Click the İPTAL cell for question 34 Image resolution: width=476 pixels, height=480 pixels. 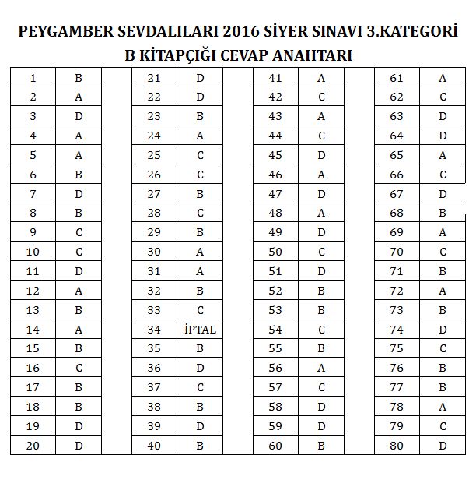tap(200, 330)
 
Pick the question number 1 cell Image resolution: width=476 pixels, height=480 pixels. tap(33, 78)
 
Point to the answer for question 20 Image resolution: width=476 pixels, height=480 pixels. tap(79, 446)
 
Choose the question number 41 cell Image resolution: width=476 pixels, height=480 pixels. tap(275, 78)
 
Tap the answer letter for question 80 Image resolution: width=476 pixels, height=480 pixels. tap(443, 446)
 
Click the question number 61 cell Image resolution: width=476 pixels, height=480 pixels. tap(397, 78)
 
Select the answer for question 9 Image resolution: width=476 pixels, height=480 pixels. tap(79, 233)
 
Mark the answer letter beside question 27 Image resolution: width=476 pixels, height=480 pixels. tap(200, 194)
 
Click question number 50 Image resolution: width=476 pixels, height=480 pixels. tap(275, 252)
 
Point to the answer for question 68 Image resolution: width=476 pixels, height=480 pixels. tap(443, 214)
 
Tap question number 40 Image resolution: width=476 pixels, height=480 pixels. tap(154, 446)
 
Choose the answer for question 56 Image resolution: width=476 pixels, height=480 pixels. tap(321, 369)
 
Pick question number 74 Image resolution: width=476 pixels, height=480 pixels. tap(397, 330)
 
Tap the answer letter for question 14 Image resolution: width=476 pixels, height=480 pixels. tap(79, 330)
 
